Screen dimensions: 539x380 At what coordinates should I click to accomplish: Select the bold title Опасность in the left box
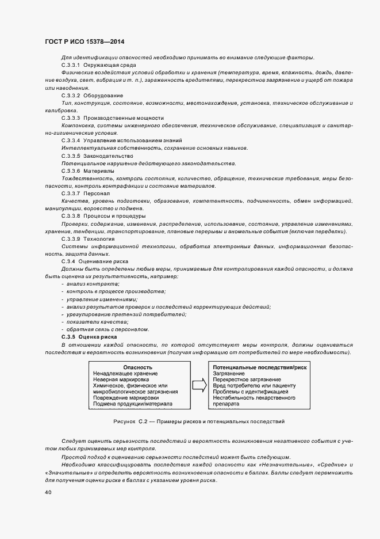(137, 367)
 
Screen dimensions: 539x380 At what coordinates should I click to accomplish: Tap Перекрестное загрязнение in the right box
(247, 380)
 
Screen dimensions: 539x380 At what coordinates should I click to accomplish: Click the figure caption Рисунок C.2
(199, 422)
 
